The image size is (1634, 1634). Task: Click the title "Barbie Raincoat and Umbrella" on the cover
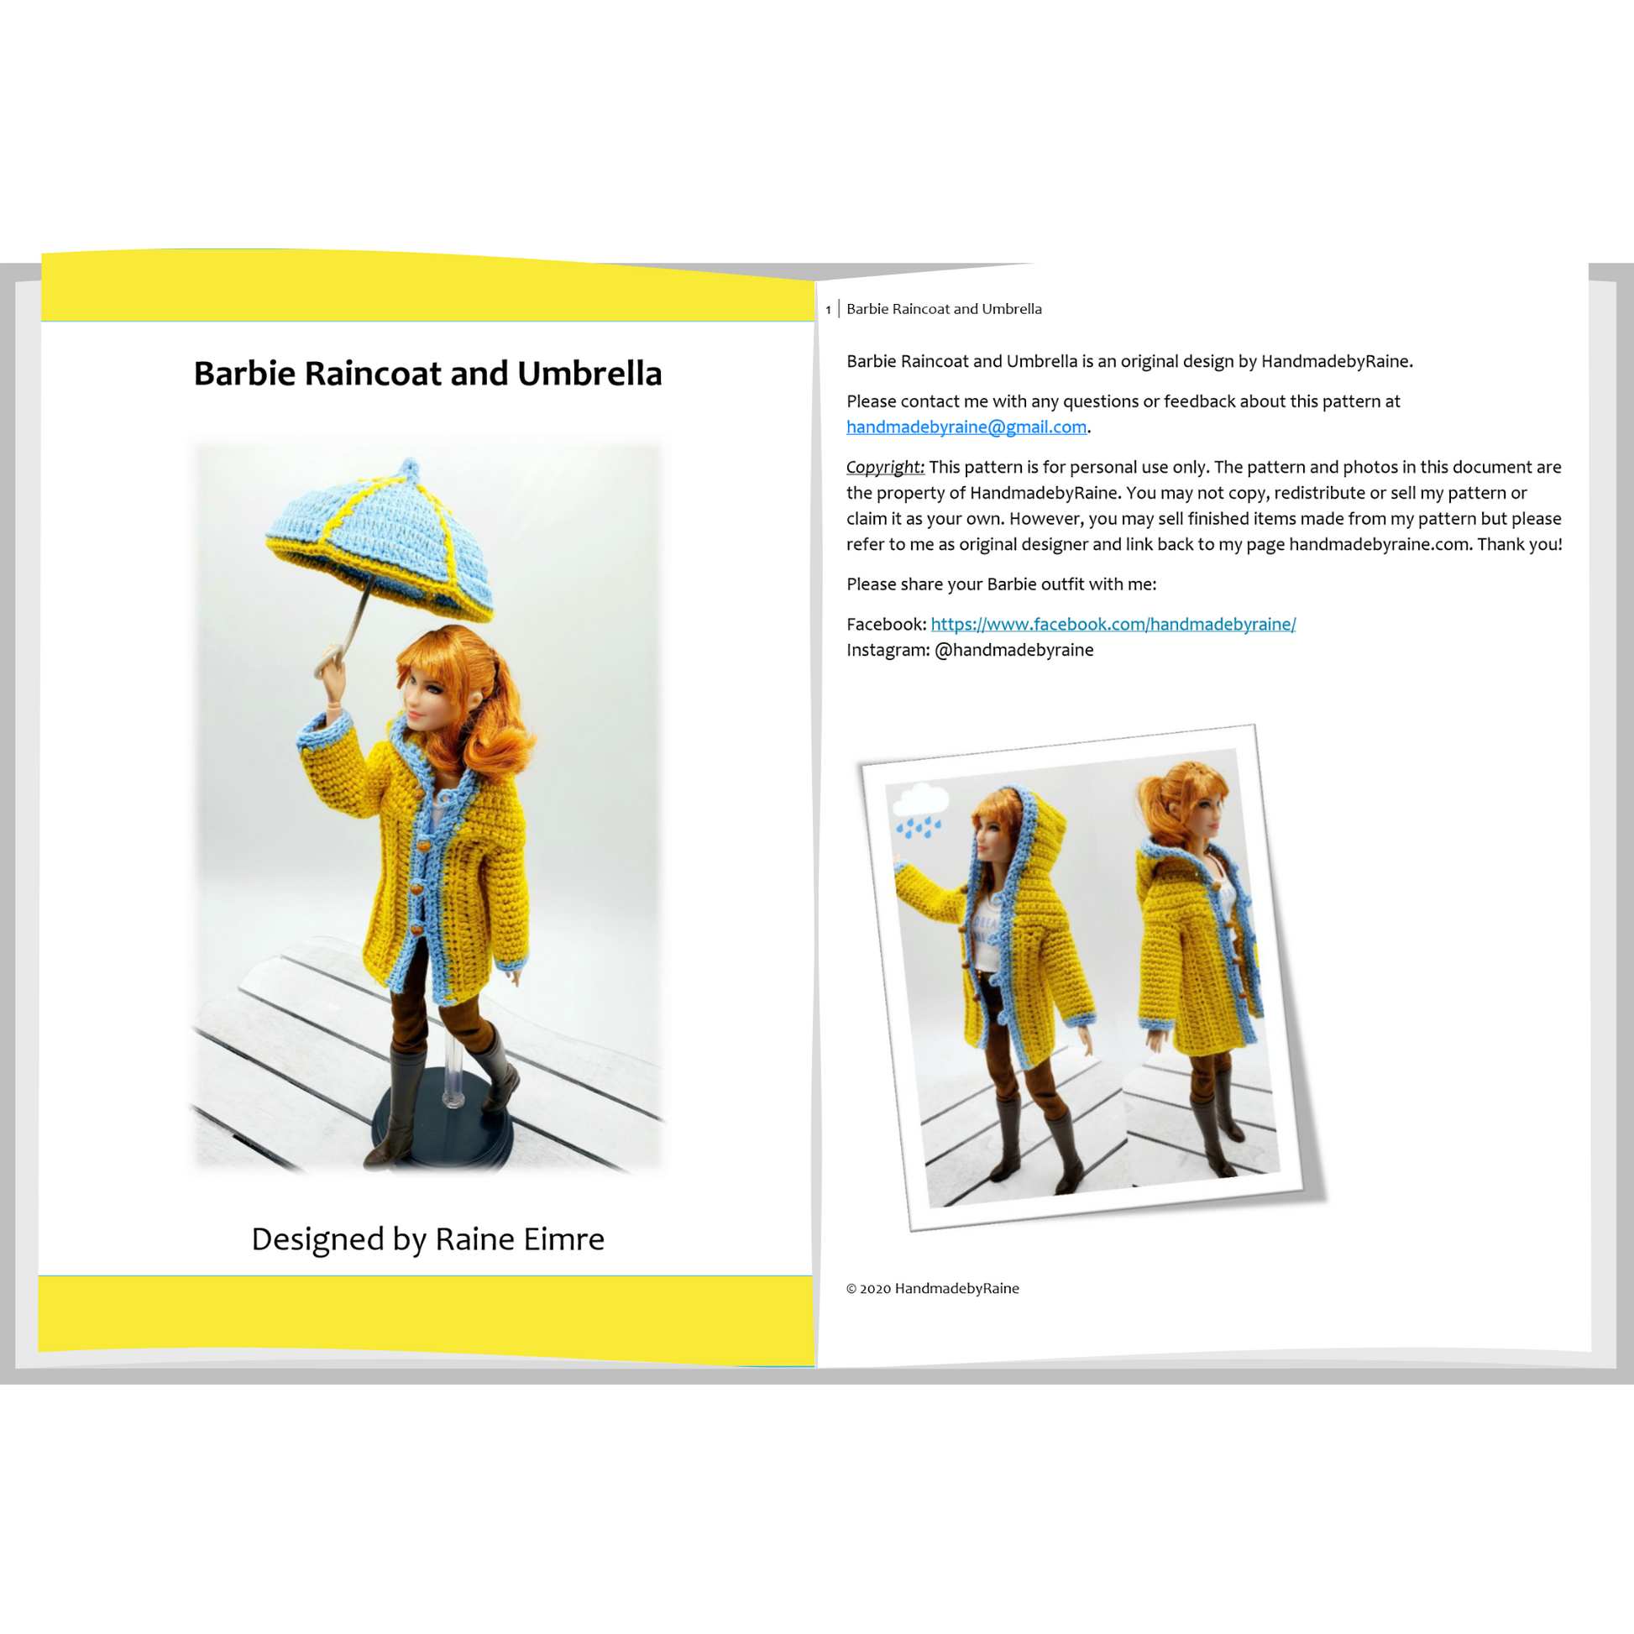(x=427, y=374)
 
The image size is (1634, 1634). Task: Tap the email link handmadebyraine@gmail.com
(x=966, y=427)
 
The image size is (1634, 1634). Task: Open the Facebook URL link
(x=1113, y=624)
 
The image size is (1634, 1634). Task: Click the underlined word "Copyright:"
(x=886, y=467)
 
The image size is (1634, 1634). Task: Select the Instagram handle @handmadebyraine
(x=1014, y=650)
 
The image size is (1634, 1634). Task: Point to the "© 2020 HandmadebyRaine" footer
(x=933, y=1288)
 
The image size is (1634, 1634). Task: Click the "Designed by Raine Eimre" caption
(x=428, y=1239)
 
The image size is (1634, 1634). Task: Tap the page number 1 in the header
(x=828, y=311)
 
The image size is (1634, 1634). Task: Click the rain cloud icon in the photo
(x=920, y=810)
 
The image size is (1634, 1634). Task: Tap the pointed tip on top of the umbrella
(x=410, y=467)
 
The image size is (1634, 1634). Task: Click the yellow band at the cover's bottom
(x=427, y=1319)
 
